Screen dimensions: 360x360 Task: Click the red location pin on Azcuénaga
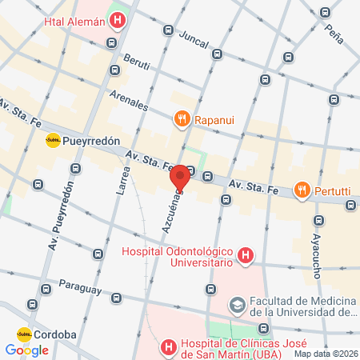click(180, 178)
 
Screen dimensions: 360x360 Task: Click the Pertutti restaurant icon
click(302, 190)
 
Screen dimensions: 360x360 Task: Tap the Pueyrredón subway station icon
click(53, 140)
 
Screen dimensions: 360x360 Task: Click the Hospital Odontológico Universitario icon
click(246, 257)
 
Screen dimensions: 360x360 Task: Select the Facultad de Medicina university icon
click(237, 305)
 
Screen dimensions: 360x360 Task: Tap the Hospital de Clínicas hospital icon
click(168, 347)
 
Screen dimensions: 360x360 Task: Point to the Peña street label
click(336, 33)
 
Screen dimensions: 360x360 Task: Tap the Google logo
click(26, 350)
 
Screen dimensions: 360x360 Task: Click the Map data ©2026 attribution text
click(326, 354)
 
